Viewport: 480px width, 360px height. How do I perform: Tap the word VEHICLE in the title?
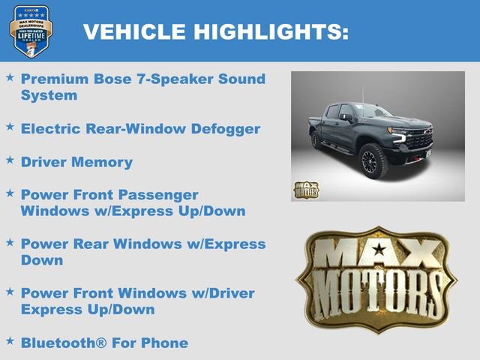pyautogui.click(x=135, y=31)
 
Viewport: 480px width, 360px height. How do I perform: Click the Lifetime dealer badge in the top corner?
pyautogui.click(x=31, y=31)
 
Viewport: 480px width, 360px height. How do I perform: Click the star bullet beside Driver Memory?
pyautogui.click(x=10, y=160)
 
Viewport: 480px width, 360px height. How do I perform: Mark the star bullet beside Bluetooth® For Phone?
pyautogui.click(x=10, y=341)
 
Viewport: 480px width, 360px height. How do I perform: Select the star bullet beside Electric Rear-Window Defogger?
pyautogui.click(x=10, y=127)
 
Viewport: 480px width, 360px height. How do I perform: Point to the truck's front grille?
pyautogui.click(x=418, y=139)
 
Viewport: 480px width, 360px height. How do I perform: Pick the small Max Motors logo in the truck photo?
pyautogui.click(x=306, y=190)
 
